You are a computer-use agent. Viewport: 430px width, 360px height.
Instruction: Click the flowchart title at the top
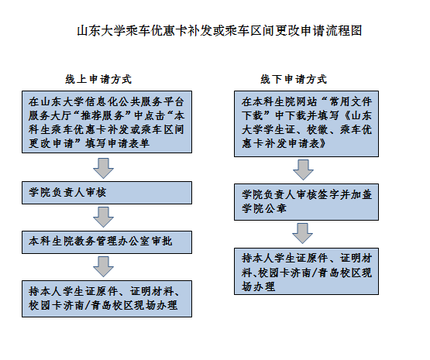point(219,30)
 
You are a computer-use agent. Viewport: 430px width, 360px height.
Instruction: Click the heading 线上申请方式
point(98,80)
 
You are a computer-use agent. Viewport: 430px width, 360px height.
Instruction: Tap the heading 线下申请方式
point(294,80)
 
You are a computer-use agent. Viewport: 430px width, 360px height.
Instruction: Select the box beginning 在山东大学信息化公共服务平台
point(107,122)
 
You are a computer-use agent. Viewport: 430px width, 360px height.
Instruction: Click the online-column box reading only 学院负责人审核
point(107,193)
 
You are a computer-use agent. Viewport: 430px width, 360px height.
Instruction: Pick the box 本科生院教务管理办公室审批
point(107,242)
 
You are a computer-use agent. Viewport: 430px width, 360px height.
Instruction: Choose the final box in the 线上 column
point(107,299)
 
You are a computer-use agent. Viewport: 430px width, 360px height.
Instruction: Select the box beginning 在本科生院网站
point(306,124)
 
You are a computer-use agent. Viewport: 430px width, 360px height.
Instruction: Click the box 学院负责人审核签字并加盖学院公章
point(306,202)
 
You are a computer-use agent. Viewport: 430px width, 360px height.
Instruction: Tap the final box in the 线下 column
point(306,271)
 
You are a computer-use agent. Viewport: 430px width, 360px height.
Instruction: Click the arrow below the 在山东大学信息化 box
point(103,168)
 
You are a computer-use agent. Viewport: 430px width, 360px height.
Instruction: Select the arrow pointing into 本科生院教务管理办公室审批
point(103,217)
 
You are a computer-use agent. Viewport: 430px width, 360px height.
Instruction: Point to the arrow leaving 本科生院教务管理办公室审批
point(103,266)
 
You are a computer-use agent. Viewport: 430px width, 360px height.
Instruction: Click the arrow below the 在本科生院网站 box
point(303,170)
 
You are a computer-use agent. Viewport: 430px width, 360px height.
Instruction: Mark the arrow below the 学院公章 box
point(302,234)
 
